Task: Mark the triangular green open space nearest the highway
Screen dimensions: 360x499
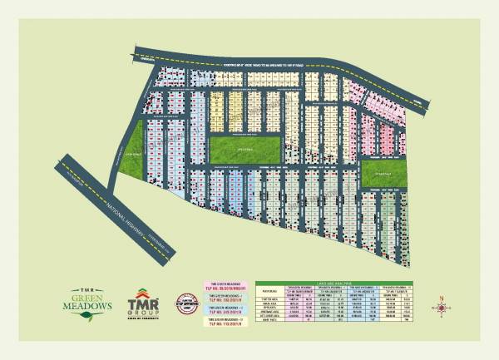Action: tap(132, 154)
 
